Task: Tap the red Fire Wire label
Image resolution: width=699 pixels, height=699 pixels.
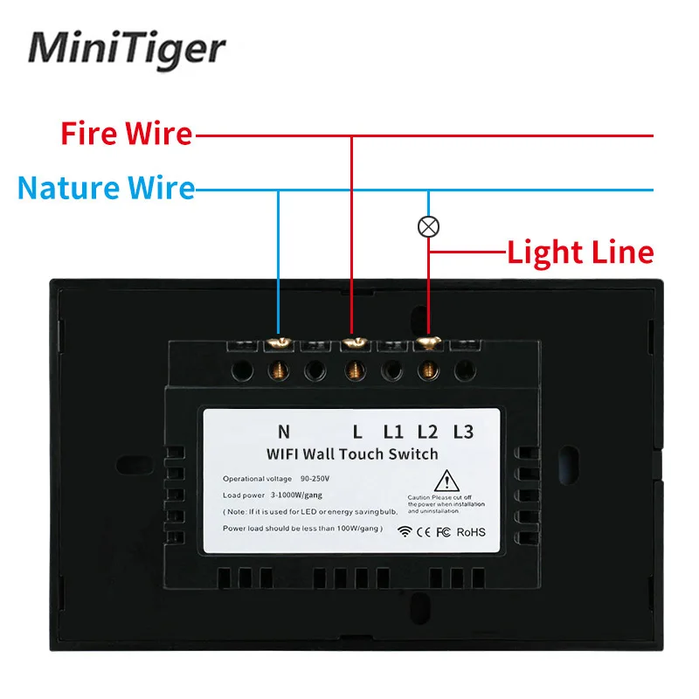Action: (x=126, y=134)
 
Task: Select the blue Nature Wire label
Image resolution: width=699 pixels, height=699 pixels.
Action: (x=106, y=188)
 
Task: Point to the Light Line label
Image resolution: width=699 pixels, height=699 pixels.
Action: (x=580, y=253)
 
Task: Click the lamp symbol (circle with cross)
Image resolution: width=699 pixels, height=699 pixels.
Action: (x=428, y=226)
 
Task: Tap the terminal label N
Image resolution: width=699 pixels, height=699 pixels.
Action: (x=283, y=431)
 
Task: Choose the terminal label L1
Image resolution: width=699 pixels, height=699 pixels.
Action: (x=392, y=431)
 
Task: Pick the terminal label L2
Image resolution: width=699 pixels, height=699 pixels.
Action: (x=427, y=431)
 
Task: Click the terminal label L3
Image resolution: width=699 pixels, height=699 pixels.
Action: (x=463, y=431)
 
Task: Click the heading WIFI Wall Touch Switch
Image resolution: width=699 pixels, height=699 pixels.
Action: (x=352, y=453)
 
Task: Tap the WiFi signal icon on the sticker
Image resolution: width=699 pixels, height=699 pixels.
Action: (x=405, y=529)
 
